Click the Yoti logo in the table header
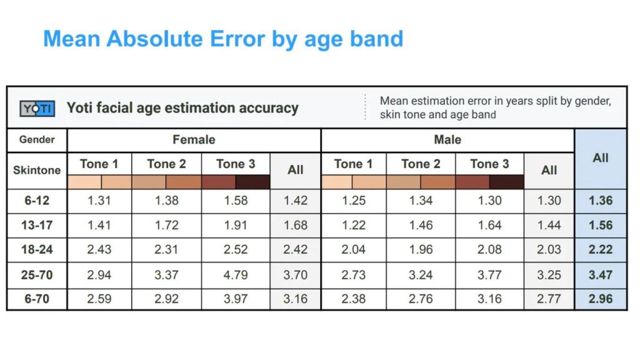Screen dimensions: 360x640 (37, 109)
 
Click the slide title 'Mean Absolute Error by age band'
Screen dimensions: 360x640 (223, 39)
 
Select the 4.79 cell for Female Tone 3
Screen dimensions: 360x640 (236, 275)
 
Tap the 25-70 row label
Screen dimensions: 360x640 (37, 275)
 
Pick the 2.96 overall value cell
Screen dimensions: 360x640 (600, 299)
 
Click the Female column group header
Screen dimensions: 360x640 (194, 140)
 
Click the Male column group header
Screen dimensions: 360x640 (447, 140)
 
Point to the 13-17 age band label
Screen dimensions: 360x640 (37, 225)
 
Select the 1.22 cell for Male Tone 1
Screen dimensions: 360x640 (353, 225)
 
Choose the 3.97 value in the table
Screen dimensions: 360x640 (236, 299)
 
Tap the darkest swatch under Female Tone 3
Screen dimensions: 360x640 (253, 182)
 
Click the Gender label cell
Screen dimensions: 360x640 (37, 140)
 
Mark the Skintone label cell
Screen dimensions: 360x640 (37, 170)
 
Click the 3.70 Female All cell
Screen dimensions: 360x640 (296, 275)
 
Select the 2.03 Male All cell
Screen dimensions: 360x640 (549, 250)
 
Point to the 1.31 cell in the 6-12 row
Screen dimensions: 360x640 (99, 201)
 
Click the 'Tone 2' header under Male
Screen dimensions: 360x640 (420, 164)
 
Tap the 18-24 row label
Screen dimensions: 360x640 (37, 250)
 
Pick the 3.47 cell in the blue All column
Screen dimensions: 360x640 (600, 275)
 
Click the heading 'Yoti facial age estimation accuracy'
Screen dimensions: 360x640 (182, 108)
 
